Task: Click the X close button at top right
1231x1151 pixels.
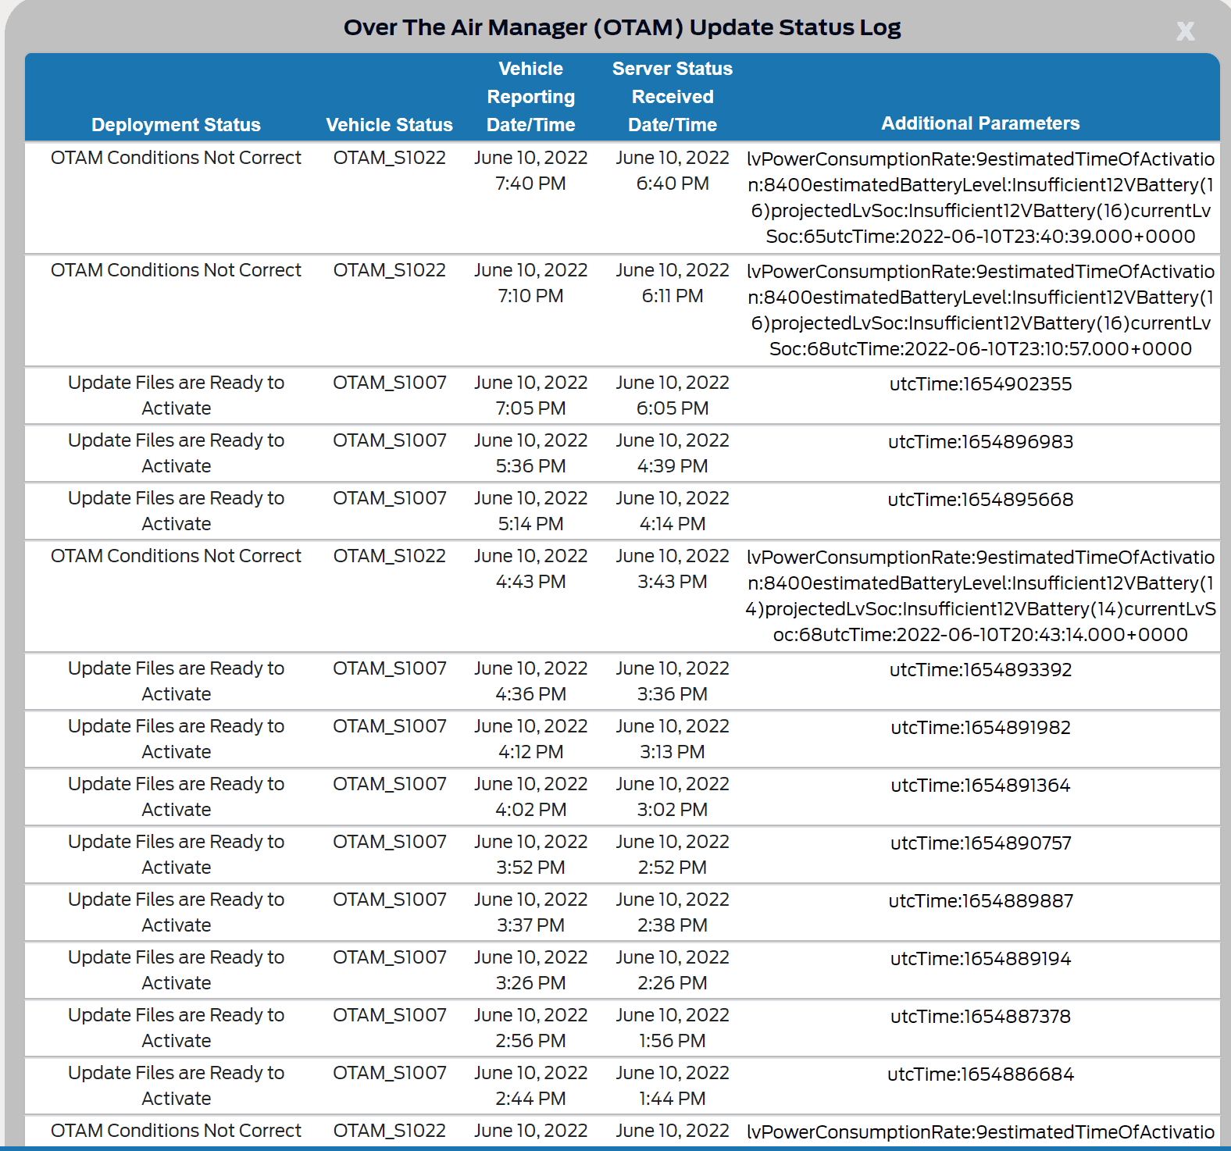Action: coord(1185,31)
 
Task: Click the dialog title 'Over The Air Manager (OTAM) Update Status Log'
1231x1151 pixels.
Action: coord(622,27)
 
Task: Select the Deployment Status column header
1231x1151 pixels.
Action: coord(176,125)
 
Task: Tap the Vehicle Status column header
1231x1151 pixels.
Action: coord(389,125)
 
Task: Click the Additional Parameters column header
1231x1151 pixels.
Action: coord(980,123)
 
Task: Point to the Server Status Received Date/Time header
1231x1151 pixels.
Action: coord(673,97)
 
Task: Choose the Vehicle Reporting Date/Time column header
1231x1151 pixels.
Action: coord(530,97)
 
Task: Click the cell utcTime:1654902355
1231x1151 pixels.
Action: coord(980,384)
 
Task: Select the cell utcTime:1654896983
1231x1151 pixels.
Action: coord(980,442)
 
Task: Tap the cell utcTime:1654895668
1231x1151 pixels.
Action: coord(980,500)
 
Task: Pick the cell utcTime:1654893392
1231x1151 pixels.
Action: coord(980,670)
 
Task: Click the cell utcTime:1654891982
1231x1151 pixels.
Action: coord(980,728)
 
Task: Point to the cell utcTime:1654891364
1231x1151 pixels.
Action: coord(980,786)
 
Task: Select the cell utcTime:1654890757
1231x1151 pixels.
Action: coord(980,843)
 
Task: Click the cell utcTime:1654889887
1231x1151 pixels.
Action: coord(980,901)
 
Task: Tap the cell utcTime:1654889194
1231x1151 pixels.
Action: coord(980,959)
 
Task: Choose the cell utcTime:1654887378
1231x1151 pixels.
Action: coord(980,1017)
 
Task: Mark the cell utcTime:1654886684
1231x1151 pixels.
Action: coord(980,1074)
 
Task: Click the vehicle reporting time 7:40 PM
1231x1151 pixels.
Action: coord(530,184)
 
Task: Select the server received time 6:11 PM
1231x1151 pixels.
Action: coord(673,296)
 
